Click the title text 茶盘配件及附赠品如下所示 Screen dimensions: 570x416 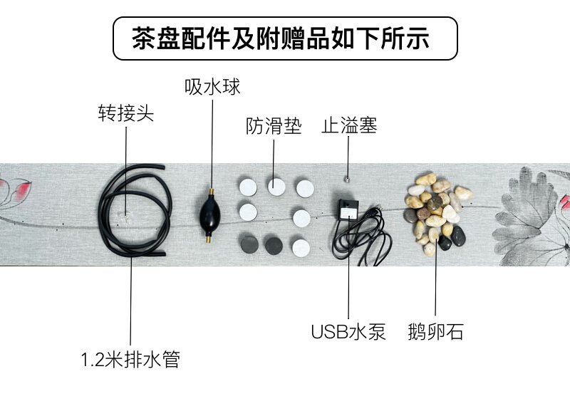tap(284, 38)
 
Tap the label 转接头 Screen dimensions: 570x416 tap(125, 113)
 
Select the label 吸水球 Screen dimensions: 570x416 tap(212, 88)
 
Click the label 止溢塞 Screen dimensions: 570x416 tap(348, 127)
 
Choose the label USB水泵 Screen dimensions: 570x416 tap(348, 332)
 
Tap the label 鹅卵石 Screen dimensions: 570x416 tap(436, 332)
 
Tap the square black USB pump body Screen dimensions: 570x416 tap(349, 209)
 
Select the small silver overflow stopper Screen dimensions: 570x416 tap(347, 178)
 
